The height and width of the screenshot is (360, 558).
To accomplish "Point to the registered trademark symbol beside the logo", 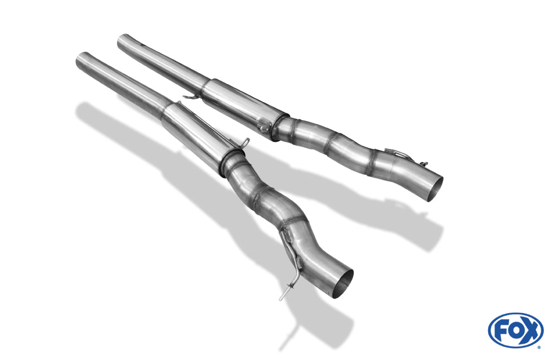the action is [x=539, y=347].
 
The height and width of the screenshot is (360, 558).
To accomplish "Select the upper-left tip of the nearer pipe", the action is [x=81, y=60].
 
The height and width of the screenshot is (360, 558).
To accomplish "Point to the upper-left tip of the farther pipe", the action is [x=123, y=41].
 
